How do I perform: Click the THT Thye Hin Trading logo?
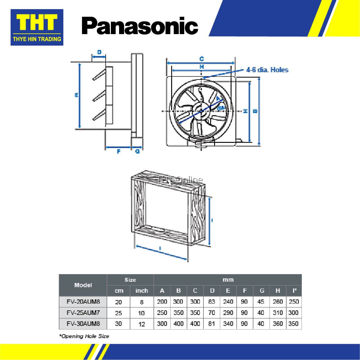point(37,27)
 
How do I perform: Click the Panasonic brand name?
point(140,26)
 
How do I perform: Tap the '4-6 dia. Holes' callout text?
point(267,70)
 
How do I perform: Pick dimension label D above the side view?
point(99,52)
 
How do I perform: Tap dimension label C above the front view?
point(201,59)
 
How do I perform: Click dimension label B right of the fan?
point(255,111)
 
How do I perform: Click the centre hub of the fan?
point(201,111)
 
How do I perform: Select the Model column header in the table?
point(83,285)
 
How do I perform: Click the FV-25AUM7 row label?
point(83,312)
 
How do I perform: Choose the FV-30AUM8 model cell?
point(83,323)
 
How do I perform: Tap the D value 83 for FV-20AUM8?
point(212,302)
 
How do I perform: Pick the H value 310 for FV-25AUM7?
point(278,312)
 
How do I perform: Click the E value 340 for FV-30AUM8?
point(228,323)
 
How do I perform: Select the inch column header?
point(142,291)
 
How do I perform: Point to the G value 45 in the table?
point(261,302)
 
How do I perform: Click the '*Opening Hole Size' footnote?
point(84,336)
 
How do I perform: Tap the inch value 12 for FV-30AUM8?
point(142,324)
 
